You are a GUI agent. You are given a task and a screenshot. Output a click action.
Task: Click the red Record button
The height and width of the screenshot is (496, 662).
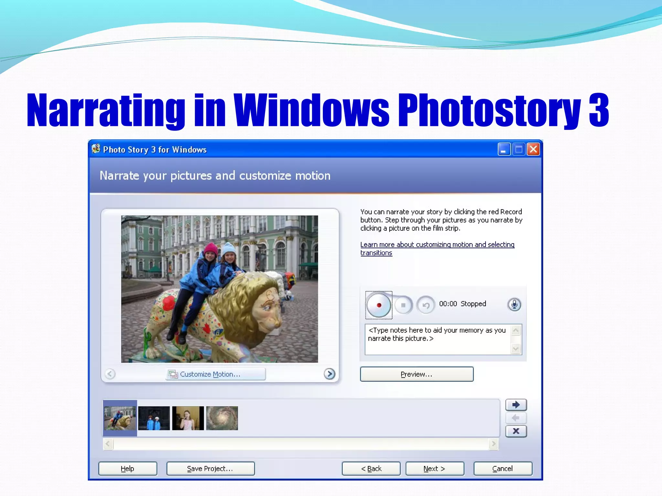pyautogui.click(x=379, y=305)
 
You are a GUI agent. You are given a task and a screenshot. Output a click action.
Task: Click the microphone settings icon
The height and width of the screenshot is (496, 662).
pyautogui.click(x=514, y=304)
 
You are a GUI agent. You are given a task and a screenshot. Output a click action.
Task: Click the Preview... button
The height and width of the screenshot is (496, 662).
pyautogui.click(x=417, y=374)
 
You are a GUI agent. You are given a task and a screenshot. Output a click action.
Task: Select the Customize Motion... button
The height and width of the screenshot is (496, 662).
pyautogui.click(x=216, y=374)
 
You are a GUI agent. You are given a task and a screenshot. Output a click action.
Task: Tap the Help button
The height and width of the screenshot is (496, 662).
pyautogui.click(x=128, y=469)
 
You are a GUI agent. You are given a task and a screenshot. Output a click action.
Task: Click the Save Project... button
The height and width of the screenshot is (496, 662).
pyautogui.click(x=210, y=469)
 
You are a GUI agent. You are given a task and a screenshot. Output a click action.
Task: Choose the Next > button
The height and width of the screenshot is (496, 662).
pyautogui.click(x=434, y=469)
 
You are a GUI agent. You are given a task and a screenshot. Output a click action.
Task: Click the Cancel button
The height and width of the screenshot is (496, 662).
pyautogui.click(x=503, y=469)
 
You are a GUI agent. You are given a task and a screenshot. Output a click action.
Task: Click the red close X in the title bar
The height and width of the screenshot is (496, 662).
pyautogui.click(x=533, y=150)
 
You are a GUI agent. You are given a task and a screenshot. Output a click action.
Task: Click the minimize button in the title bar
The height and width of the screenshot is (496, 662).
pyautogui.click(x=504, y=150)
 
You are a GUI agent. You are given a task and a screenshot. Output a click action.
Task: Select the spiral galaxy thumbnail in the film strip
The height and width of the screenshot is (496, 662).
pyautogui.click(x=222, y=418)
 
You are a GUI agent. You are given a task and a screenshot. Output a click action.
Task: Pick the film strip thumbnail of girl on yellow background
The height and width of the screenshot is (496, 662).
pyautogui.click(x=188, y=418)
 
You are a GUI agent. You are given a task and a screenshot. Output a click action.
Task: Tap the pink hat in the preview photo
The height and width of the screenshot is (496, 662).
pyautogui.click(x=210, y=249)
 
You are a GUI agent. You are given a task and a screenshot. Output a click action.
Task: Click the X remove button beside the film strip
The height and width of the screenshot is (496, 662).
pyautogui.click(x=516, y=431)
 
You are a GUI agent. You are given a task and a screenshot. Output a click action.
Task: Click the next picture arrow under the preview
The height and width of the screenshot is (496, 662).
pyautogui.click(x=329, y=374)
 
